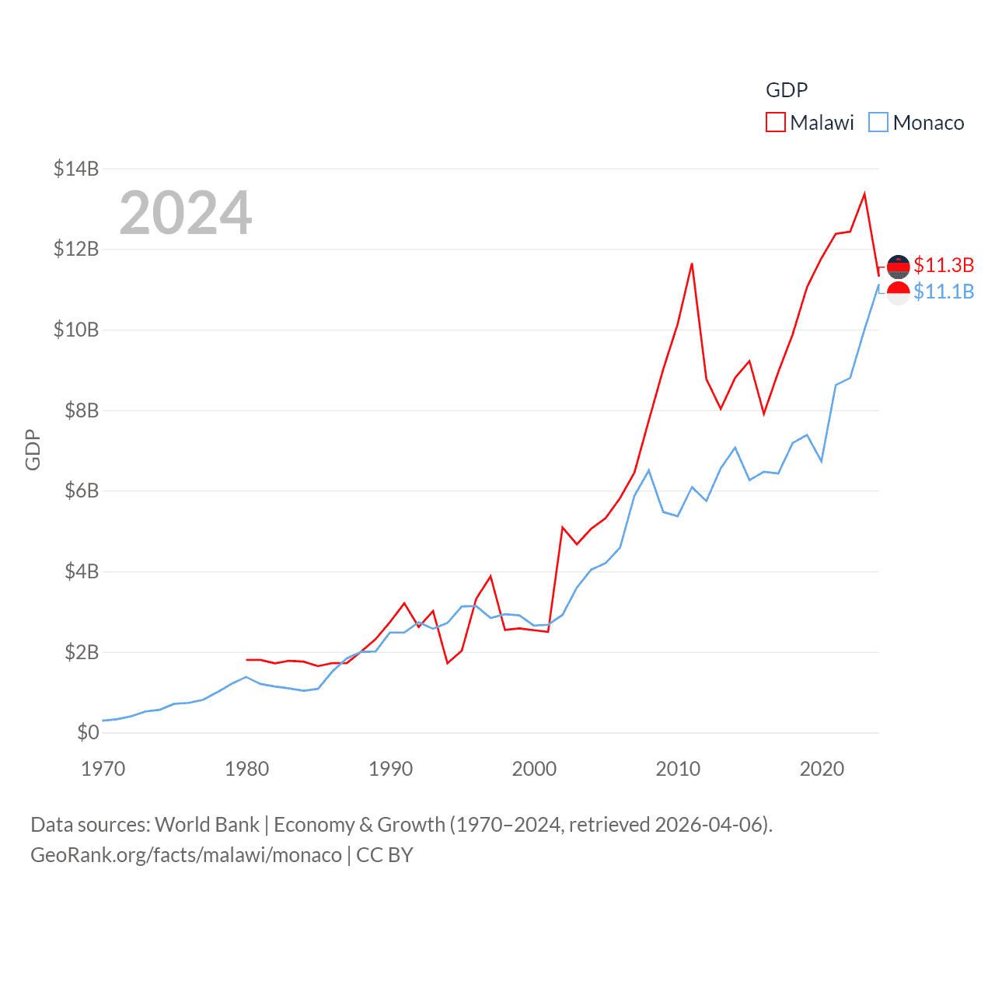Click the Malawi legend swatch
tap(776, 123)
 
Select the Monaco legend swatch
tap(878, 123)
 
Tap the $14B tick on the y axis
tap(76, 169)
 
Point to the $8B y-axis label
tap(76, 410)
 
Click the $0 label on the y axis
tap(88, 732)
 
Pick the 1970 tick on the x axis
tap(103, 769)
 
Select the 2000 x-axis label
tap(534, 769)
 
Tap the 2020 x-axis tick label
tap(822, 769)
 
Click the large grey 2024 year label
tap(186, 213)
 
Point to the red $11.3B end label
tap(944, 265)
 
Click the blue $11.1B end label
tap(944, 292)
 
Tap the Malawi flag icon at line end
tap(899, 267)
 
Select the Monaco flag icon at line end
tap(899, 293)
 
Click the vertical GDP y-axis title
tap(33, 449)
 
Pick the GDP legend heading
tap(787, 90)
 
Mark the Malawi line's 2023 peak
tap(864, 194)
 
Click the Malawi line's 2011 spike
tap(692, 264)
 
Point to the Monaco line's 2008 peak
tap(649, 470)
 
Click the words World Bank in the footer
tap(207, 824)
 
